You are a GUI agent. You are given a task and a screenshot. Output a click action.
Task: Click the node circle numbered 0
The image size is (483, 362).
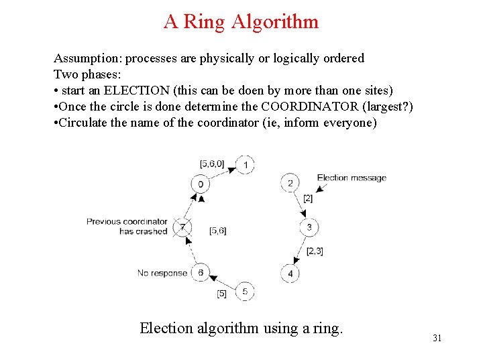click(200, 184)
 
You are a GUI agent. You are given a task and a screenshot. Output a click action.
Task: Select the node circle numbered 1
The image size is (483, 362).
click(246, 165)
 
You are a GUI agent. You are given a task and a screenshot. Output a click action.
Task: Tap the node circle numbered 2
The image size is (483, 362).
click(290, 183)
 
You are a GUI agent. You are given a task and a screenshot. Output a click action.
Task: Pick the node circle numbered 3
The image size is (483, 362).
click(309, 228)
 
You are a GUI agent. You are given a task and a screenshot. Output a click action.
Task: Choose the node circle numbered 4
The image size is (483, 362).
click(290, 273)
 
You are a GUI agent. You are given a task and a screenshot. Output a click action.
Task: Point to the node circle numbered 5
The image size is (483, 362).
click(245, 292)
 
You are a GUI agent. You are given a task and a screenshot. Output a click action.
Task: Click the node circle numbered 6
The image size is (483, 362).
click(200, 273)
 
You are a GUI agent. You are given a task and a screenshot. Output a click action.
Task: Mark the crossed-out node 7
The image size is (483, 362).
click(182, 228)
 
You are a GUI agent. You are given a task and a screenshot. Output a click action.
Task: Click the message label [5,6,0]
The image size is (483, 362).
click(212, 163)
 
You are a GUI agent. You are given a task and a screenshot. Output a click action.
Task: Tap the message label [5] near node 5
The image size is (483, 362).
click(222, 294)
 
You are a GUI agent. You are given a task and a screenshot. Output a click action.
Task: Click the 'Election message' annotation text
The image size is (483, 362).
click(352, 178)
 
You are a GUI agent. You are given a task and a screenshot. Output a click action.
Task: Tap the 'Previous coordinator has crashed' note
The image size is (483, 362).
click(127, 226)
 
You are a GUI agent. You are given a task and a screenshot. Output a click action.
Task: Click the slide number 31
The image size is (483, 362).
click(437, 338)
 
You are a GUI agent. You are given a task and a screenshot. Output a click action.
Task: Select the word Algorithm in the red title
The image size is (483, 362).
click(275, 21)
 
